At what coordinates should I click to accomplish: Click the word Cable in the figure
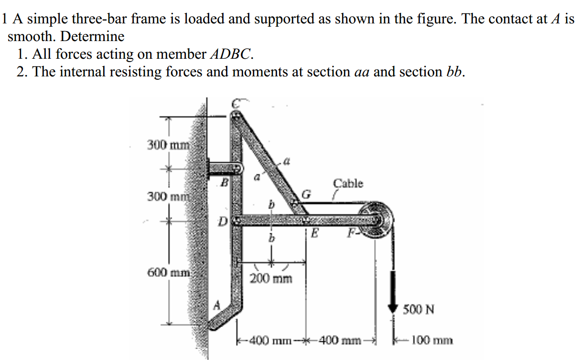pyautogui.click(x=348, y=183)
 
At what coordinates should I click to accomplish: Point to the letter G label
pyautogui.click(x=306, y=195)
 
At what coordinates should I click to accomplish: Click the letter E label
pyautogui.click(x=314, y=233)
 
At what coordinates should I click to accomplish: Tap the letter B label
pyautogui.click(x=222, y=181)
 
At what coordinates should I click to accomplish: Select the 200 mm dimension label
pyautogui.click(x=271, y=278)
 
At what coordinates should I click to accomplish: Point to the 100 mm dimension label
pyautogui.click(x=431, y=341)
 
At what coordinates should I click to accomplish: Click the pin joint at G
pyautogui.click(x=296, y=204)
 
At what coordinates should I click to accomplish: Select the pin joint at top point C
pyautogui.click(x=236, y=115)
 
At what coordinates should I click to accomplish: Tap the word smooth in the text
pyautogui.click(x=32, y=36)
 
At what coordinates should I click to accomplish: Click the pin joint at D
pyautogui.click(x=236, y=220)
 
